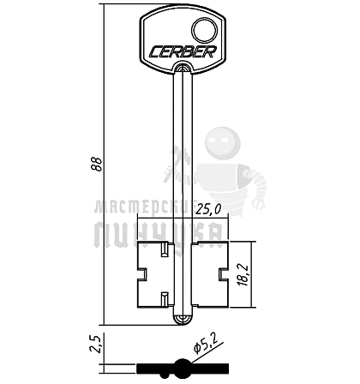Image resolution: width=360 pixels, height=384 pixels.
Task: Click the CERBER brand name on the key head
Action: pyautogui.click(x=183, y=51)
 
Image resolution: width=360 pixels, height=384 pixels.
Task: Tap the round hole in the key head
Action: pyautogui.click(x=204, y=30)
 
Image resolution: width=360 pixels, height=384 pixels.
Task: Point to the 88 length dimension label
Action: pyautogui.click(x=98, y=164)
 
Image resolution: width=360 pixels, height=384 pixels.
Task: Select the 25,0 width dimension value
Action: pyautogui.click(x=208, y=210)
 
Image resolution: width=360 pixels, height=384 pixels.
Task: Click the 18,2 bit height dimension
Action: pyautogui.click(x=245, y=274)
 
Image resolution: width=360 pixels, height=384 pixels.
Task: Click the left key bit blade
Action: pyautogui.click(x=156, y=274)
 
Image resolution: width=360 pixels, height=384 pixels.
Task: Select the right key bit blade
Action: pyautogui.click(x=210, y=274)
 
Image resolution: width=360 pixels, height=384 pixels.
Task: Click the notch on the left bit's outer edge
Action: pyautogui.click(x=142, y=274)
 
